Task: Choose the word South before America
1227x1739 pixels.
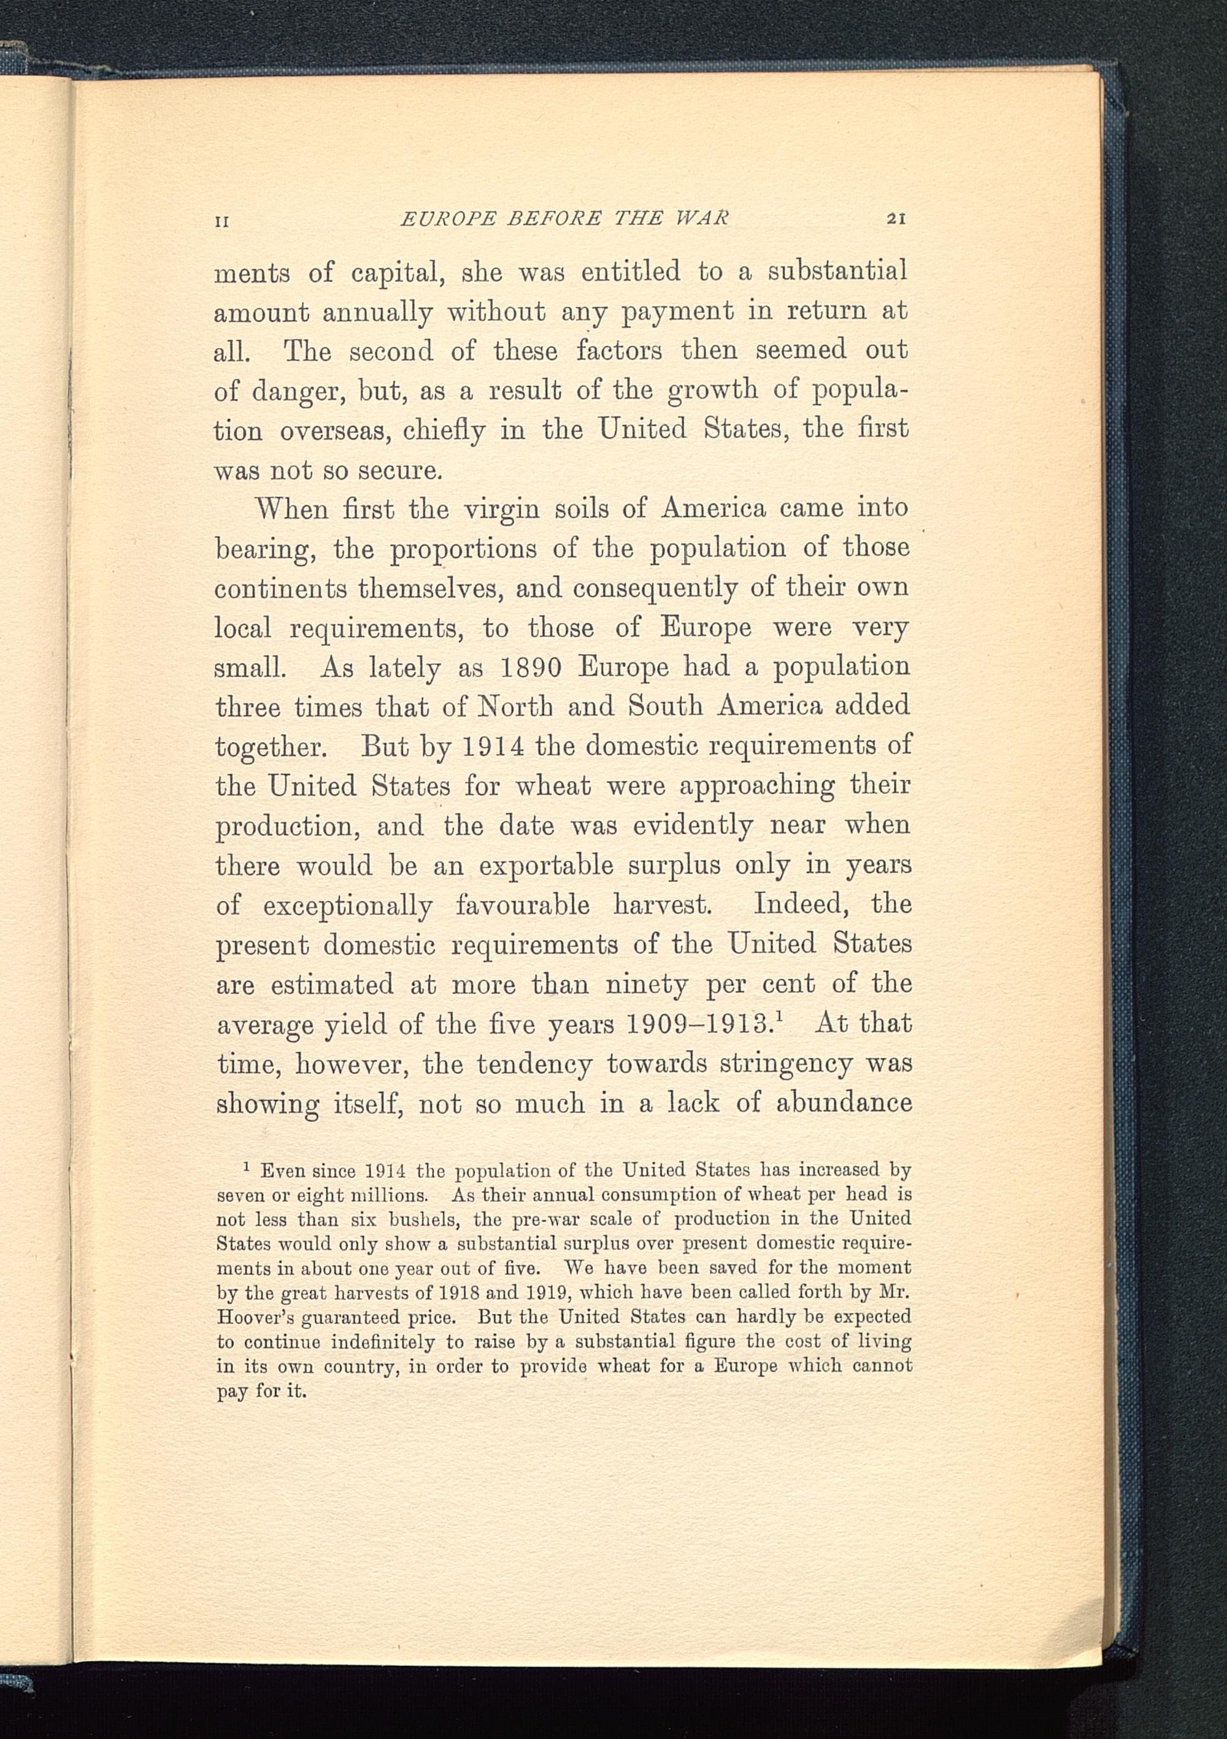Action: (666, 706)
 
